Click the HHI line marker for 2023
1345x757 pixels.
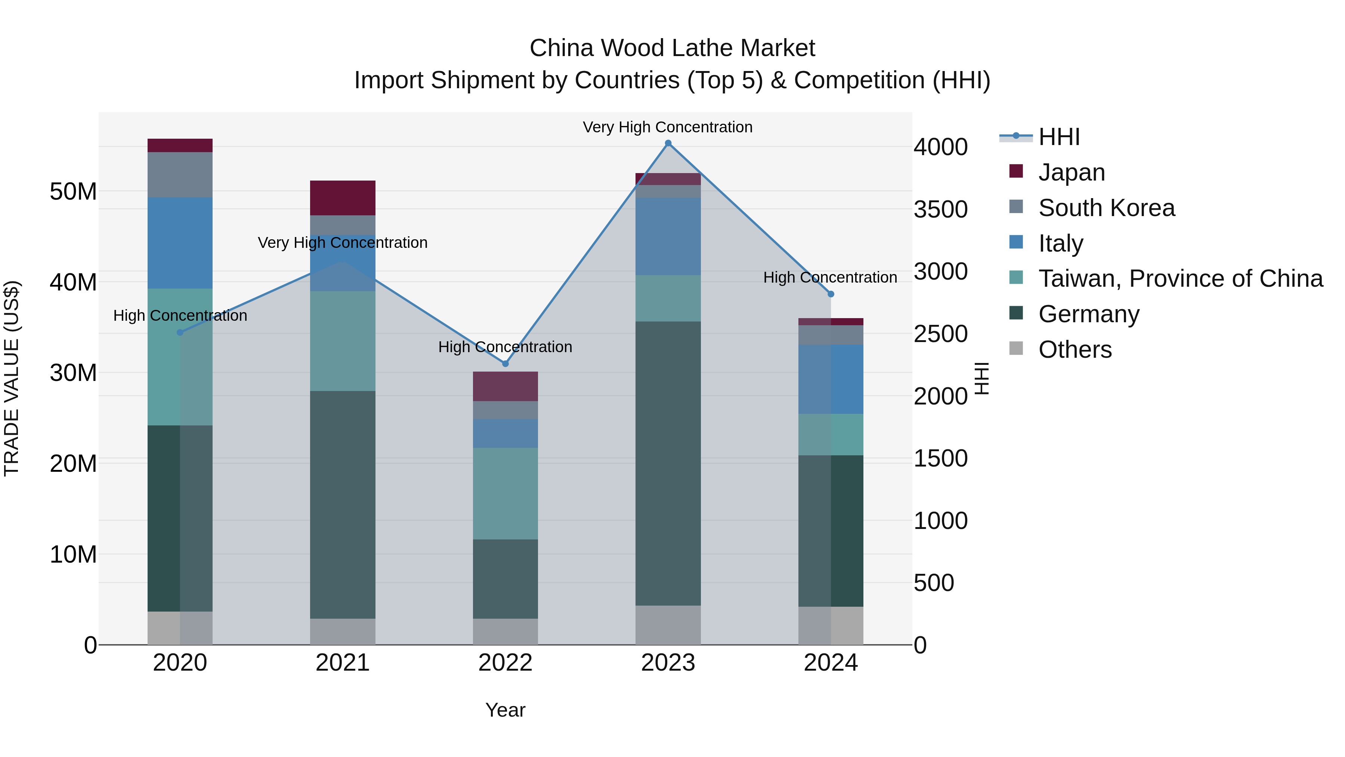pyautogui.click(x=668, y=143)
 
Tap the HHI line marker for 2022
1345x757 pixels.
pyautogui.click(x=505, y=364)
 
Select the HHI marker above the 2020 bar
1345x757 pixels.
pyautogui.click(x=180, y=332)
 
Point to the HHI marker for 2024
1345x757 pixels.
pyautogui.click(x=831, y=294)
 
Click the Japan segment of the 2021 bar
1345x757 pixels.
pyautogui.click(x=343, y=198)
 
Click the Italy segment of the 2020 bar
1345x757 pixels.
pyautogui.click(x=180, y=243)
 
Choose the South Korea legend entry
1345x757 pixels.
pyautogui.click(x=1106, y=208)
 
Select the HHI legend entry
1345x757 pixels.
pyautogui.click(x=1058, y=137)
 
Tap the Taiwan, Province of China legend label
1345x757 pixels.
pyautogui.click(x=1180, y=279)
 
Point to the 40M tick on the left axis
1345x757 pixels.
pyautogui.click(x=73, y=282)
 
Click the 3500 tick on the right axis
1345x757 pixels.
pyautogui.click(x=940, y=209)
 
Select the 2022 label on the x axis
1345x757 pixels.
pyautogui.click(x=505, y=662)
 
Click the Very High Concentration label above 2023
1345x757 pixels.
pyautogui.click(x=667, y=127)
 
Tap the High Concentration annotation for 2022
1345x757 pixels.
pyautogui.click(x=505, y=347)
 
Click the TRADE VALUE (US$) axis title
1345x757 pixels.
pyautogui.click(x=12, y=378)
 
